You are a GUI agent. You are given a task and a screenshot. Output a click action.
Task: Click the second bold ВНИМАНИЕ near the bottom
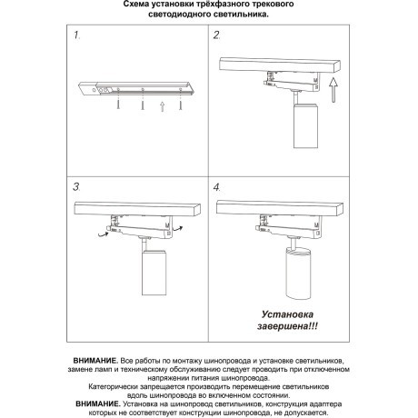coord(102,402)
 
